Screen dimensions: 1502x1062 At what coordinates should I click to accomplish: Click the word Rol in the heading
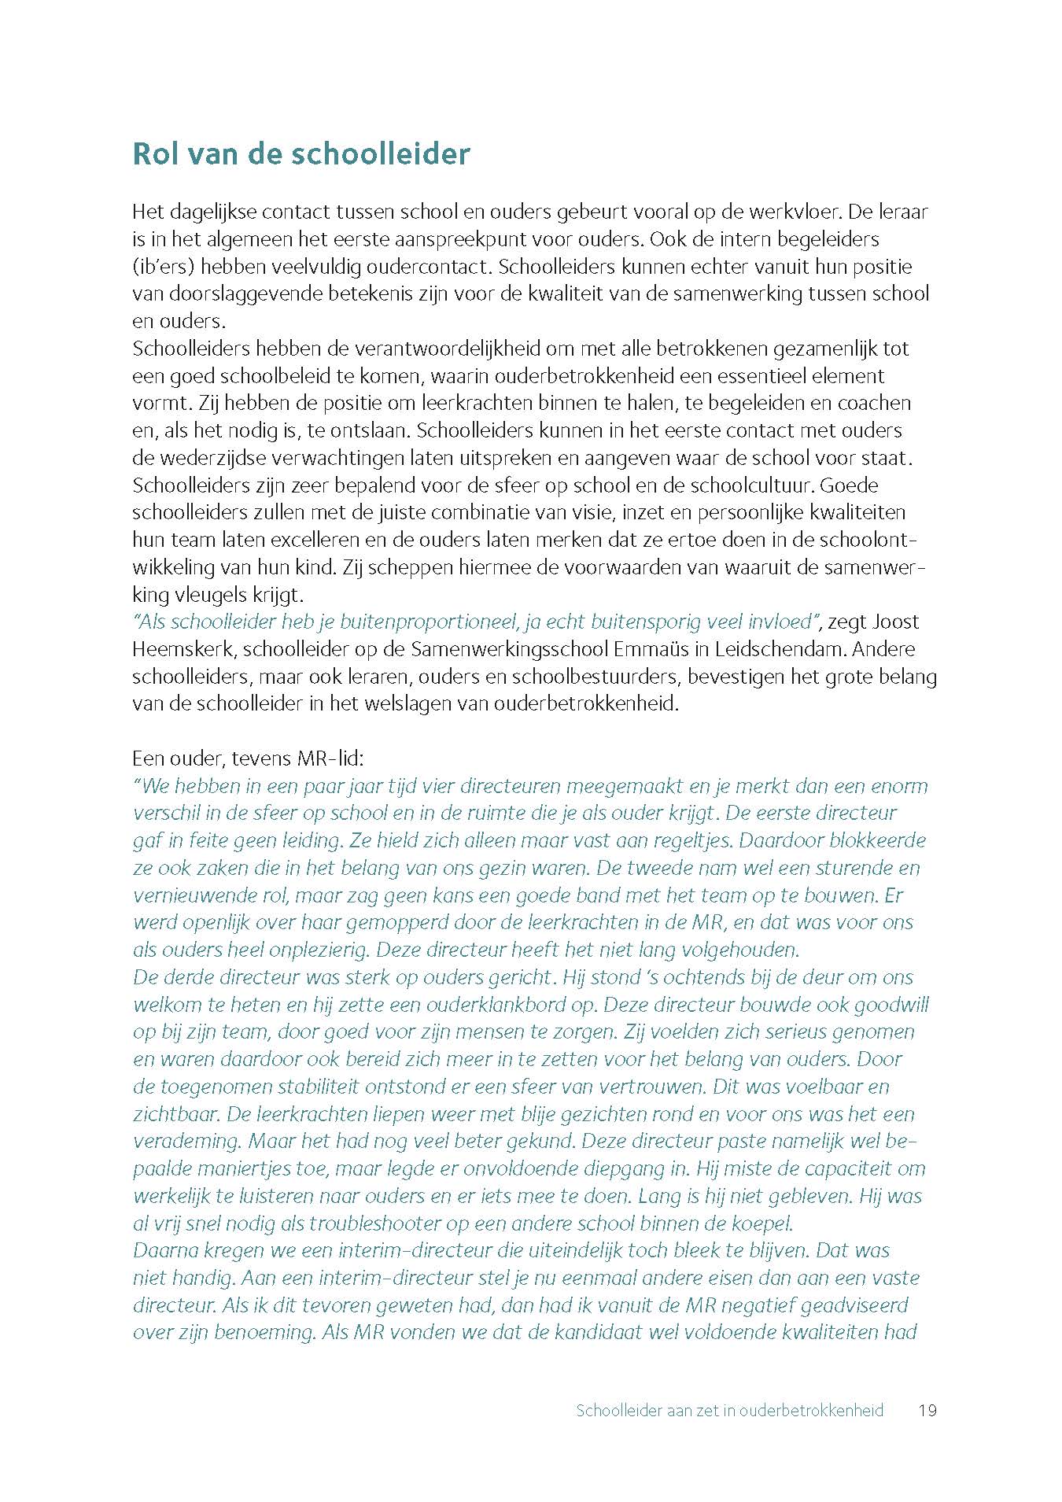click(x=157, y=153)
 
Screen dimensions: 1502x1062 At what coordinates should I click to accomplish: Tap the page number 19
click(x=927, y=1410)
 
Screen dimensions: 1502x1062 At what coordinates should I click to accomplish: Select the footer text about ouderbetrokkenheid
click(x=729, y=1410)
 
